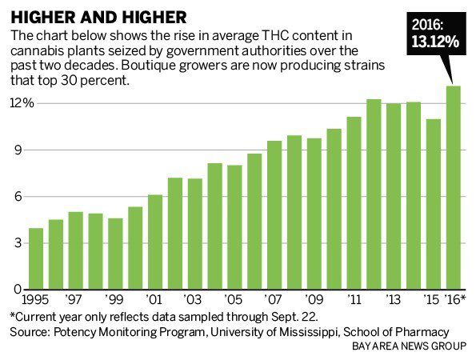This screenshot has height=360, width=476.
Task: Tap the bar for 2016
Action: point(453,188)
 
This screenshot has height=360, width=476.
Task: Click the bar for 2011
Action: point(354,203)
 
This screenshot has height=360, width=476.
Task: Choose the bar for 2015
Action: point(433,204)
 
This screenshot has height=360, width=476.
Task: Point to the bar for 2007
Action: point(274,215)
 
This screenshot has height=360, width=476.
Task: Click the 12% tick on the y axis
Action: point(21,104)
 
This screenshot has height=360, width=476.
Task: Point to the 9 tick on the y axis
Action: point(26,150)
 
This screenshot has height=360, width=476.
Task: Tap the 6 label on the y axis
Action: point(26,197)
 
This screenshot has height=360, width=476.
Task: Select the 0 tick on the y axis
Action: point(26,290)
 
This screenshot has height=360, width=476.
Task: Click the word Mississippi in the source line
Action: point(309,331)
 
